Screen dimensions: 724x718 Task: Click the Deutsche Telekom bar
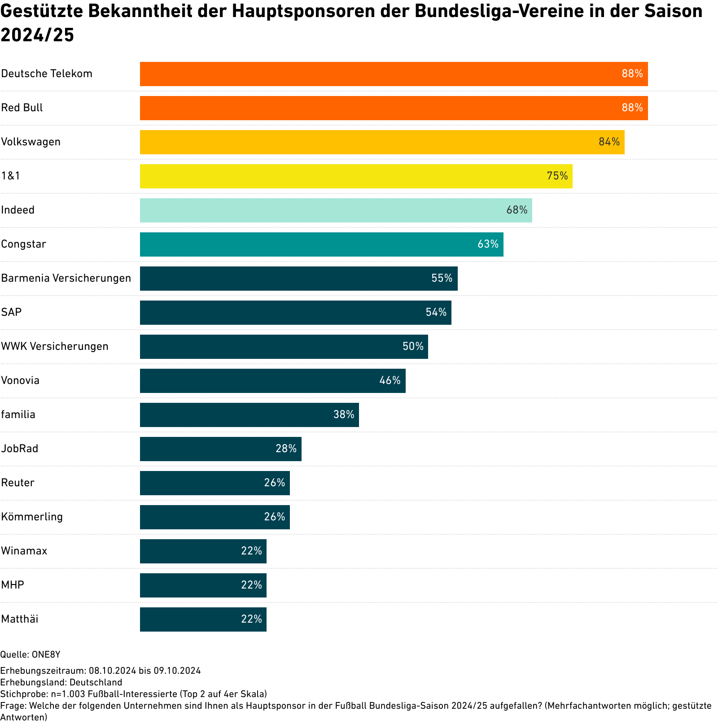pyautogui.click(x=394, y=74)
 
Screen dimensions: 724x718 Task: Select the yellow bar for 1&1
pyautogui.click(x=356, y=176)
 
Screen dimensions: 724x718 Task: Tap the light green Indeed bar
pyautogui.click(x=336, y=210)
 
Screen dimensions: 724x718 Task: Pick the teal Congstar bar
pyautogui.click(x=321, y=244)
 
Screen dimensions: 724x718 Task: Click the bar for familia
pyautogui.click(x=249, y=415)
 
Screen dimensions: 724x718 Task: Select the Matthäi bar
pyautogui.click(x=203, y=619)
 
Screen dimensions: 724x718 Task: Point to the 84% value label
pyautogui.click(x=609, y=142)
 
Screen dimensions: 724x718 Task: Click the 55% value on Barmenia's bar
pyautogui.click(x=442, y=279)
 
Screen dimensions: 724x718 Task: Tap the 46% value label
pyautogui.click(x=390, y=381)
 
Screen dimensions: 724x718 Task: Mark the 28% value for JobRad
pyautogui.click(x=286, y=449)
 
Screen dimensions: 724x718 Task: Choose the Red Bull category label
pyautogui.click(x=22, y=108)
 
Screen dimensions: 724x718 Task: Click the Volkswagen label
pyautogui.click(x=31, y=142)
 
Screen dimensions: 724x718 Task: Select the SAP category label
pyautogui.click(x=11, y=313)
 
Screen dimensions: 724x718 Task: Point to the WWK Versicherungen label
pyautogui.click(x=55, y=347)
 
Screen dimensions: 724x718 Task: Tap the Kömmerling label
pyautogui.click(x=32, y=517)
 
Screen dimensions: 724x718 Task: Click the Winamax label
pyautogui.click(x=24, y=551)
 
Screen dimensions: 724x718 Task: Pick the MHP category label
pyautogui.click(x=13, y=585)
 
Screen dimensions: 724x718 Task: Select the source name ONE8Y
pyautogui.click(x=46, y=655)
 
